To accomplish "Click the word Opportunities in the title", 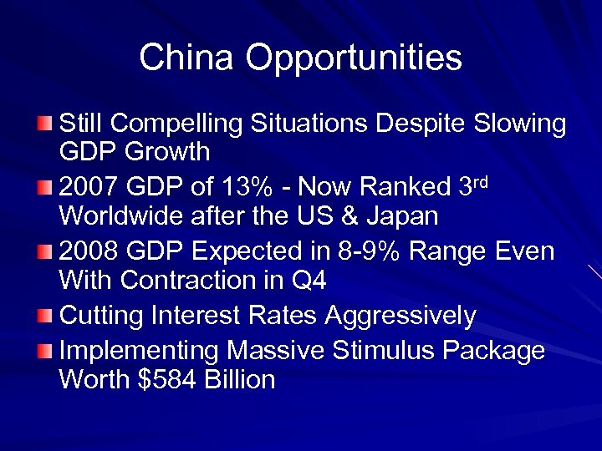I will click(x=354, y=58).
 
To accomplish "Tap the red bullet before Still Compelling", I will click(x=44, y=124).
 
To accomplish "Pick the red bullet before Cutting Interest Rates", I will click(x=44, y=317).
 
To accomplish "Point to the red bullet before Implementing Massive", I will click(x=44, y=351).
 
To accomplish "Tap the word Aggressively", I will click(x=400, y=317).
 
